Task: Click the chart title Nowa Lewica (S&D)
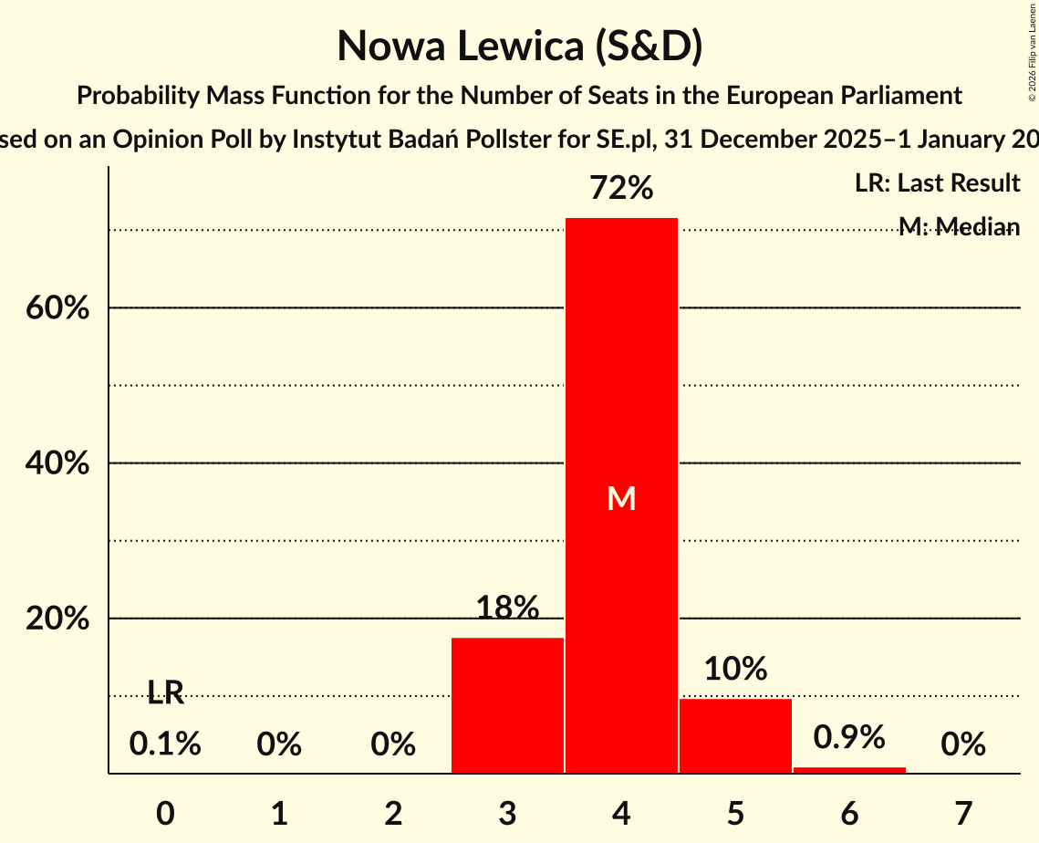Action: tap(519, 46)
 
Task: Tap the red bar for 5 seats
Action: tap(735, 736)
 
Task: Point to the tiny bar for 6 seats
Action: tap(849, 770)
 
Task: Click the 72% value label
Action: tap(621, 189)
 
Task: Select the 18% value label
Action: tap(507, 608)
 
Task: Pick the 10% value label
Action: tap(735, 669)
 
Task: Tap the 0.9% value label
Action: tap(849, 736)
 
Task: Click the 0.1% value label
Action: tap(165, 744)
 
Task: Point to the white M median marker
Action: tap(621, 498)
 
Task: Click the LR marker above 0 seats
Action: tap(165, 693)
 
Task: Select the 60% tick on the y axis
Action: tap(57, 308)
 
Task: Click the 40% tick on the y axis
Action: tap(57, 463)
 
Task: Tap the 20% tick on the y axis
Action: tap(57, 619)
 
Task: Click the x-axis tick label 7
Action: tap(963, 812)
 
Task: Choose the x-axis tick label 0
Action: tap(165, 812)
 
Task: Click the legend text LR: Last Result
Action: tap(937, 183)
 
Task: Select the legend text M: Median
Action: tap(959, 226)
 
